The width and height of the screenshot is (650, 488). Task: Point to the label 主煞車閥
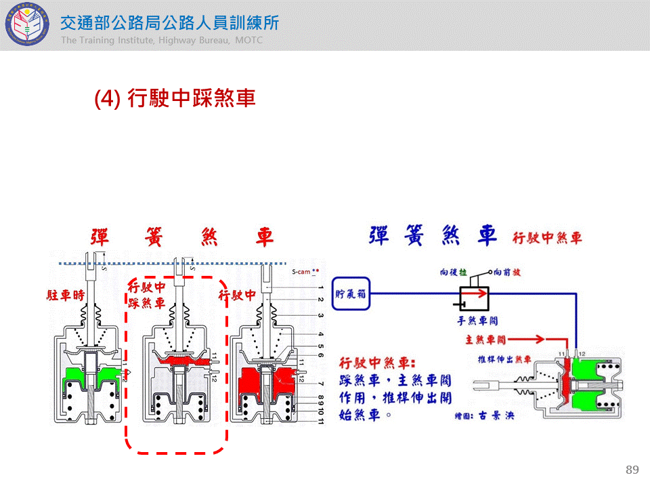pos(485,338)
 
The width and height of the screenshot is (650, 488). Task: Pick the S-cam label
pos(301,272)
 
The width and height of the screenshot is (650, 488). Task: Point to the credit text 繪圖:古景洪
pos(484,415)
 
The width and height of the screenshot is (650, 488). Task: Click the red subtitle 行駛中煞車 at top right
pos(547,239)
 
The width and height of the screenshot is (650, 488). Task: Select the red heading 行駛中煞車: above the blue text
pos(378,363)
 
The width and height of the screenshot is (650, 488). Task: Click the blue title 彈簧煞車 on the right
pos(433,236)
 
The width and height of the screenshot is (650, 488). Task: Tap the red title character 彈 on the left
pos(101,237)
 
